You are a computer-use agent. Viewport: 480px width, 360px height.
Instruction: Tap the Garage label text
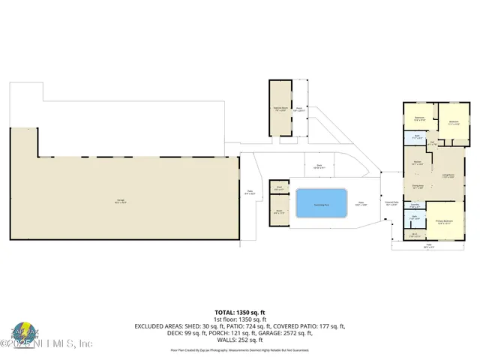click(120, 199)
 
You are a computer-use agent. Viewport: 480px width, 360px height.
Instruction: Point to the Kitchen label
click(417, 163)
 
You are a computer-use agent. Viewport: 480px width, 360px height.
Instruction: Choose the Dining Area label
click(418, 187)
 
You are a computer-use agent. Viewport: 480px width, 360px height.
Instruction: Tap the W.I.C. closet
click(414, 235)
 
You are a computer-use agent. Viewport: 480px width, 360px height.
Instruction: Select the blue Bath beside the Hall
click(417, 137)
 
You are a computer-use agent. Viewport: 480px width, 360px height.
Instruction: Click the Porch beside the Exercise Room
click(299, 109)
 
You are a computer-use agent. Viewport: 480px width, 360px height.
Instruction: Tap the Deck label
click(319, 166)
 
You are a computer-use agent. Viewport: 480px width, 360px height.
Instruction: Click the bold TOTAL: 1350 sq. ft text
click(239, 311)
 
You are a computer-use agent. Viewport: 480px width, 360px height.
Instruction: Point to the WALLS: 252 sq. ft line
click(239, 339)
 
